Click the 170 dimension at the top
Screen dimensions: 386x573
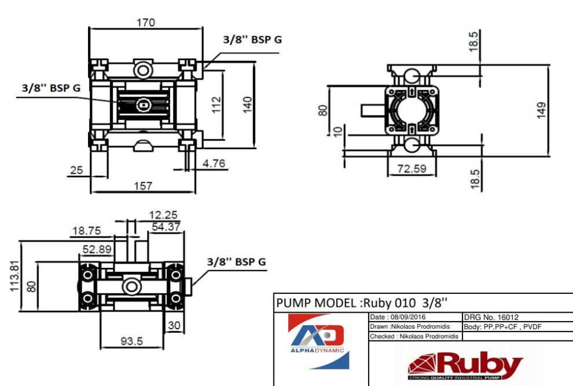pyautogui.click(x=145, y=22)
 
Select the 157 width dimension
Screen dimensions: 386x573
pyautogui.click(x=143, y=186)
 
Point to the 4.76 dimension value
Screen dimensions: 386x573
pyautogui.click(x=214, y=164)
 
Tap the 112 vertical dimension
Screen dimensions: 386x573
pyautogui.click(x=217, y=105)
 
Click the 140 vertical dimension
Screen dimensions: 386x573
pyautogui.click(x=248, y=105)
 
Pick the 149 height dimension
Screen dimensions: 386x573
pyautogui.click(x=541, y=111)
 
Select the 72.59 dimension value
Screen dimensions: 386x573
pyautogui.click(x=411, y=169)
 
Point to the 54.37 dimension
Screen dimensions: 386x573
pyautogui.click(x=166, y=226)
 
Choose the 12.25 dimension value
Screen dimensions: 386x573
pyautogui.click(x=164, y=215)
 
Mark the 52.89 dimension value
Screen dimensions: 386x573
pyautogui.click(x=96, y=249)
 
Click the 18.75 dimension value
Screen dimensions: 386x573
pyautogui.click(x=86, y=231)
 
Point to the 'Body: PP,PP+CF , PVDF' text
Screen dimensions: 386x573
pyautogui.click(x=503, y=327)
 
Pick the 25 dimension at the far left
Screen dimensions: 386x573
pyautogui.click(x=76, y=170)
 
